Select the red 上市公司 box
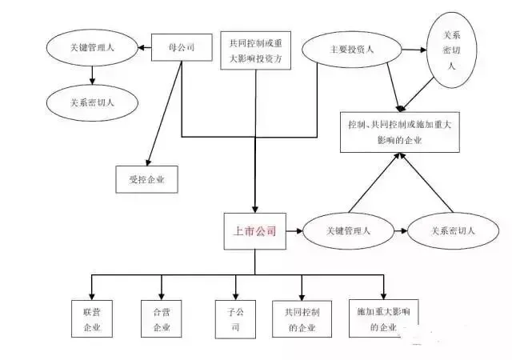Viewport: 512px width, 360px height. (x=254, y=232)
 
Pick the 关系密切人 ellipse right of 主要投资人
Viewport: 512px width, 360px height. (x=449, y=50)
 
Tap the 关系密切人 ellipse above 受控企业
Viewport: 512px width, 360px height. (x=92, y=102)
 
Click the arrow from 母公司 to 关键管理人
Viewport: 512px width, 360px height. (x=145, y=49)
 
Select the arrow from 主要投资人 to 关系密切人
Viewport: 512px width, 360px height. (x=413, y=50)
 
